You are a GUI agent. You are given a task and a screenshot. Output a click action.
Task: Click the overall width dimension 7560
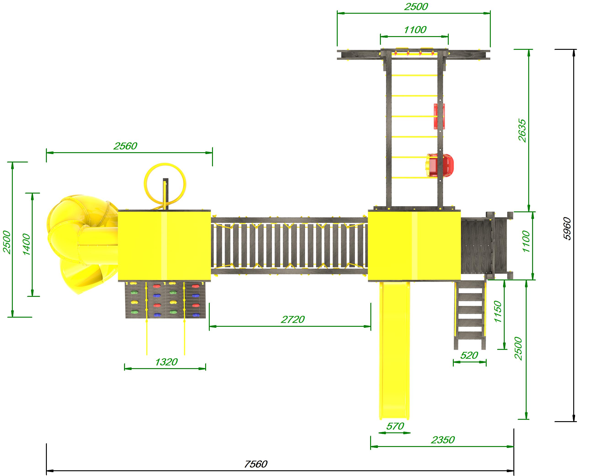[x=256, y=464]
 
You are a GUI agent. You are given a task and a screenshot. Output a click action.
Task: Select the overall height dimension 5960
[x=567, y=229]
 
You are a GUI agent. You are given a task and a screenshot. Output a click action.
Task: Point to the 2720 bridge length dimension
[x=293, y=319]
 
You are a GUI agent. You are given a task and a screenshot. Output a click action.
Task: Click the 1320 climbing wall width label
[x=166, y=362]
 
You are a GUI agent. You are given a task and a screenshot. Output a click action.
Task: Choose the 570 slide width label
[x=395, y=426]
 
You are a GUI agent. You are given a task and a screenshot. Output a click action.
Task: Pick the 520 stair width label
[x=469, y=355]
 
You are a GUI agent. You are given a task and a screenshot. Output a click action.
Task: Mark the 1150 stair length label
[x=497, y=311]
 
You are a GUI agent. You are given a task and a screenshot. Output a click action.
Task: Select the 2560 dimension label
[x=125, y=146]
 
